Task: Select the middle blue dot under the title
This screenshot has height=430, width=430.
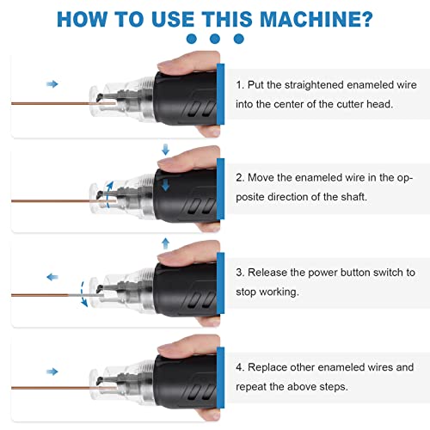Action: click(215, 39)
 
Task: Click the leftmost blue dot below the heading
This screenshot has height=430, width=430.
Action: click(191, 39)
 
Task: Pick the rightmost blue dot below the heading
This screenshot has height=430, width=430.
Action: click(239, 39)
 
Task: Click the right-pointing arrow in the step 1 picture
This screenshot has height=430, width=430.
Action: click(52, 84)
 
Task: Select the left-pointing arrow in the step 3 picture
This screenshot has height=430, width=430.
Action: click(52, 278)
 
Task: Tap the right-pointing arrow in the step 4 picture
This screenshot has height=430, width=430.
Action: click(52, 372)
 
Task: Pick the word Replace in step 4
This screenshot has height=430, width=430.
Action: click(271, 366)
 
